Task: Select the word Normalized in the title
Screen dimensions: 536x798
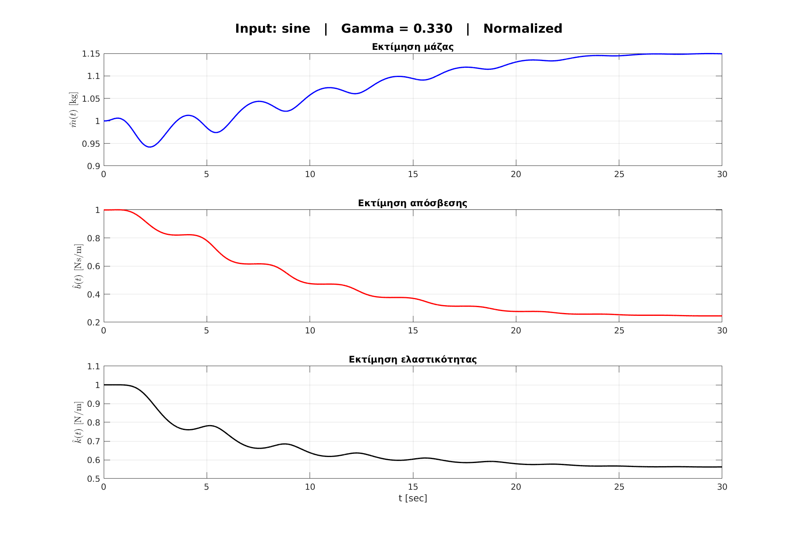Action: pyautogui.click(x=523, y=29)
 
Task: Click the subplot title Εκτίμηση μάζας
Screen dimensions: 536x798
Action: pyautogui.click(x=413, y=47)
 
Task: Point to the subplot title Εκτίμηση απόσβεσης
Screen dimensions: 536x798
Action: pyautogui.click(x=413, y=203)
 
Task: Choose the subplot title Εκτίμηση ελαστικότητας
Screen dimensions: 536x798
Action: pyautogui.click(x=413, y=360)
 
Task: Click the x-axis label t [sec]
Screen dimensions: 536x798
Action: pyautogui.click(x=413, y=498)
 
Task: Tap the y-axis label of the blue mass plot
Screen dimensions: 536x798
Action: pyautogui.click(x=74, y=110)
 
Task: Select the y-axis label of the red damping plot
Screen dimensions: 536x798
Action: pyautogui.click(x=79, y=266)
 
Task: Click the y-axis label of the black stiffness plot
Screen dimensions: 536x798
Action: pyautogui.click(x=79, y=422)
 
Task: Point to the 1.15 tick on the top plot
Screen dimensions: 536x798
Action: pyautogui.click(x=91, y=54)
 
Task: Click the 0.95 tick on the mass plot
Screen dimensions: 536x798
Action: pyautogui.click(x=91, y=144)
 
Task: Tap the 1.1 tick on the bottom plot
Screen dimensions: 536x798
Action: pyautogui.click(x=93, y=367)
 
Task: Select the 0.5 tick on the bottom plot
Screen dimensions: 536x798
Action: pyautogui.click(x=93, y=479)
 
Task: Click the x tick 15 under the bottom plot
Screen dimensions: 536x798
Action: pyautogui.click(x=413, y=487)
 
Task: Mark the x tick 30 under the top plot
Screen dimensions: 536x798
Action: pyautogui.click(x=722, y=174)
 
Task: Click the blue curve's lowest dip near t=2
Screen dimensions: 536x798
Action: pyautogui.click(x=150, y=147)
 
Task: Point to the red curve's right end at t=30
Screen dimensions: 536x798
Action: pyautogui.click(x=721, y=316)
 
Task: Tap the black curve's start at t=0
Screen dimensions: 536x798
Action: pyautogui.click(x=105, y=385)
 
